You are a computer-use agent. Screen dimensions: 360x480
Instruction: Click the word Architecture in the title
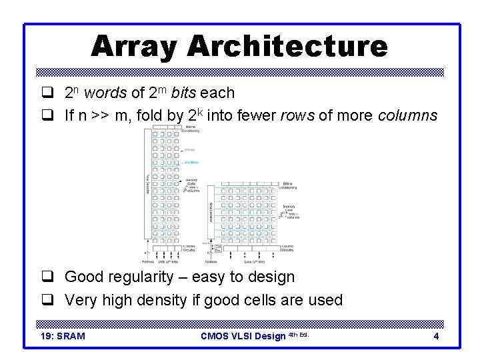point(287,47)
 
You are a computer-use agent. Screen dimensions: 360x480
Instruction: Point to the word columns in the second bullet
point(407,116)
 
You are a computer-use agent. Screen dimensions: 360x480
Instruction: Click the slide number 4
point(436,336)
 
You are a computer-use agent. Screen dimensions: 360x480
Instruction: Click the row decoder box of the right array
point(211,213)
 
